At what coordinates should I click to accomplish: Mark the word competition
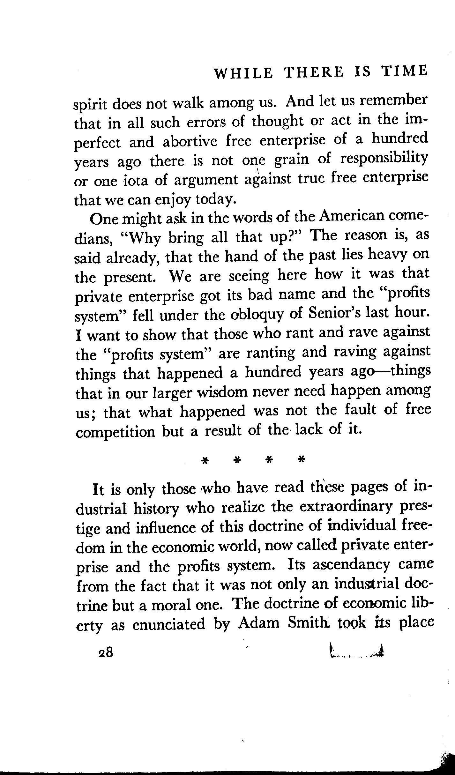[115, 433]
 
